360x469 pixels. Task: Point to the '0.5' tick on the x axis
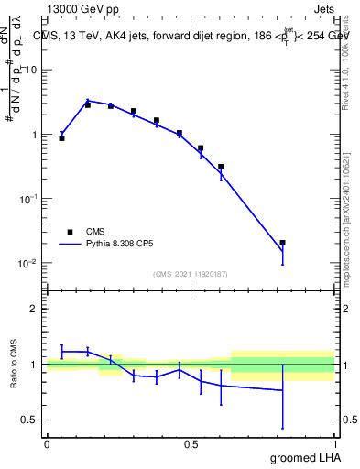tap(191, 444)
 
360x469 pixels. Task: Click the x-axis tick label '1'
tap(335, 444)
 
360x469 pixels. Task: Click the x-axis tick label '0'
tap(47, 444)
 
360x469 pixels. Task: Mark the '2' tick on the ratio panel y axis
tap(34, 309)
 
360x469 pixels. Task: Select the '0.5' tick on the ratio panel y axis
tap(30, 420)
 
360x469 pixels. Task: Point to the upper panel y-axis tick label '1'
tap(34, 135)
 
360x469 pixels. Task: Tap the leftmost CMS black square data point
tap(61, 137)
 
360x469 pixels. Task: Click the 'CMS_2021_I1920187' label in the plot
tap(190, 273)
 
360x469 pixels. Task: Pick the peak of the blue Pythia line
tap(88, 101)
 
